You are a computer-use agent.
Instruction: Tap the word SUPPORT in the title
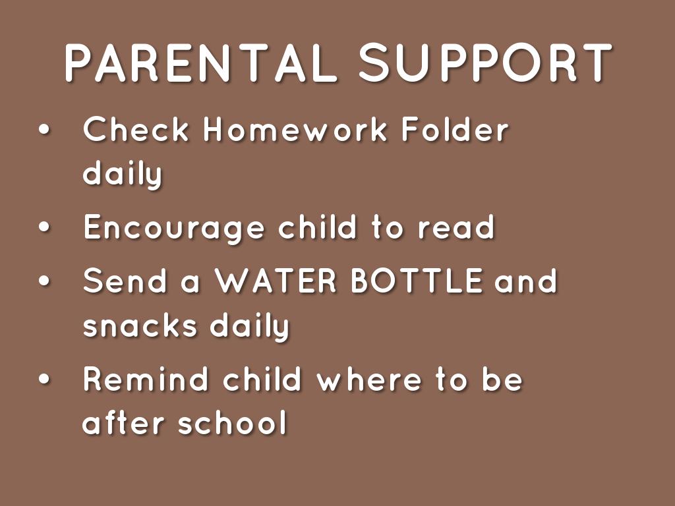tap(486, 63)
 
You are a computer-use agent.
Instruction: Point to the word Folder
tap(455, 130)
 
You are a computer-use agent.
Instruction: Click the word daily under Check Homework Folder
tap(123, 175)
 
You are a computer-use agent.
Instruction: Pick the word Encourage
tap(173, 228)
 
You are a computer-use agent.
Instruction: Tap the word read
tap(456, 228)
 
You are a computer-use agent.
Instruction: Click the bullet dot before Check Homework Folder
tap(44, 130)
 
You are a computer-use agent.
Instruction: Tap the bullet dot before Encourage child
tap(44, 228)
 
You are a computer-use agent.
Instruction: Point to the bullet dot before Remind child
tap(44, 380)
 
